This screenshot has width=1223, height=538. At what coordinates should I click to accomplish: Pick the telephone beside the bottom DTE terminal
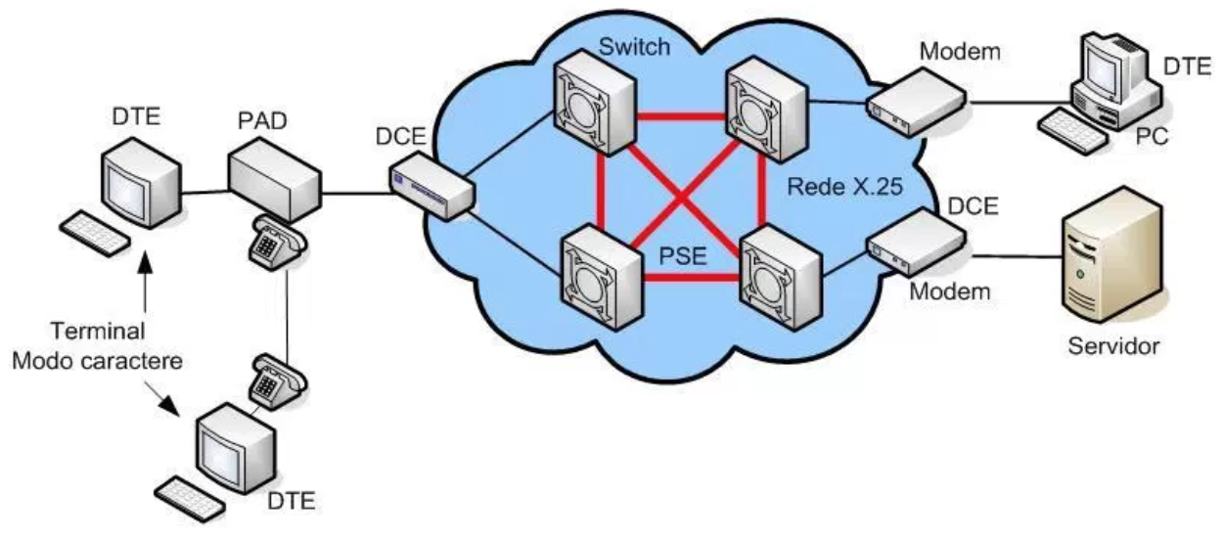pos(268,381)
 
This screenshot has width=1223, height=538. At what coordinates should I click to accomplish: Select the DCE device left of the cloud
pos(431,184)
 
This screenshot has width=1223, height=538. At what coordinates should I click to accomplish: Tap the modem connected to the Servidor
pos(916,240)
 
